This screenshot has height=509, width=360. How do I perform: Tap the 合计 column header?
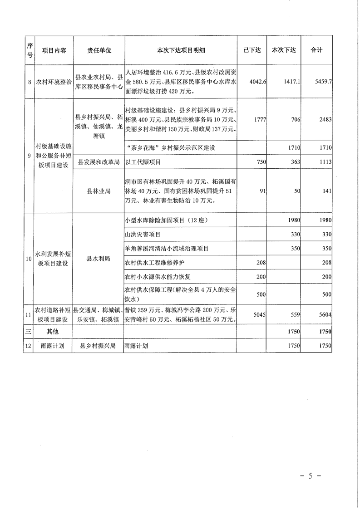tap(316, 50)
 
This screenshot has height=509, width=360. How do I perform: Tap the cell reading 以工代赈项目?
tap(143, 162)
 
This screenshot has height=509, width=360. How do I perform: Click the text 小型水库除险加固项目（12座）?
tap(169, 220)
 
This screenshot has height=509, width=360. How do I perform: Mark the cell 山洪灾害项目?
tap(142, 235)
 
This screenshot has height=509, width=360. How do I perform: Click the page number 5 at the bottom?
tap(311, 476)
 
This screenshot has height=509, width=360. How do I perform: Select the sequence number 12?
tap(29, 346)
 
